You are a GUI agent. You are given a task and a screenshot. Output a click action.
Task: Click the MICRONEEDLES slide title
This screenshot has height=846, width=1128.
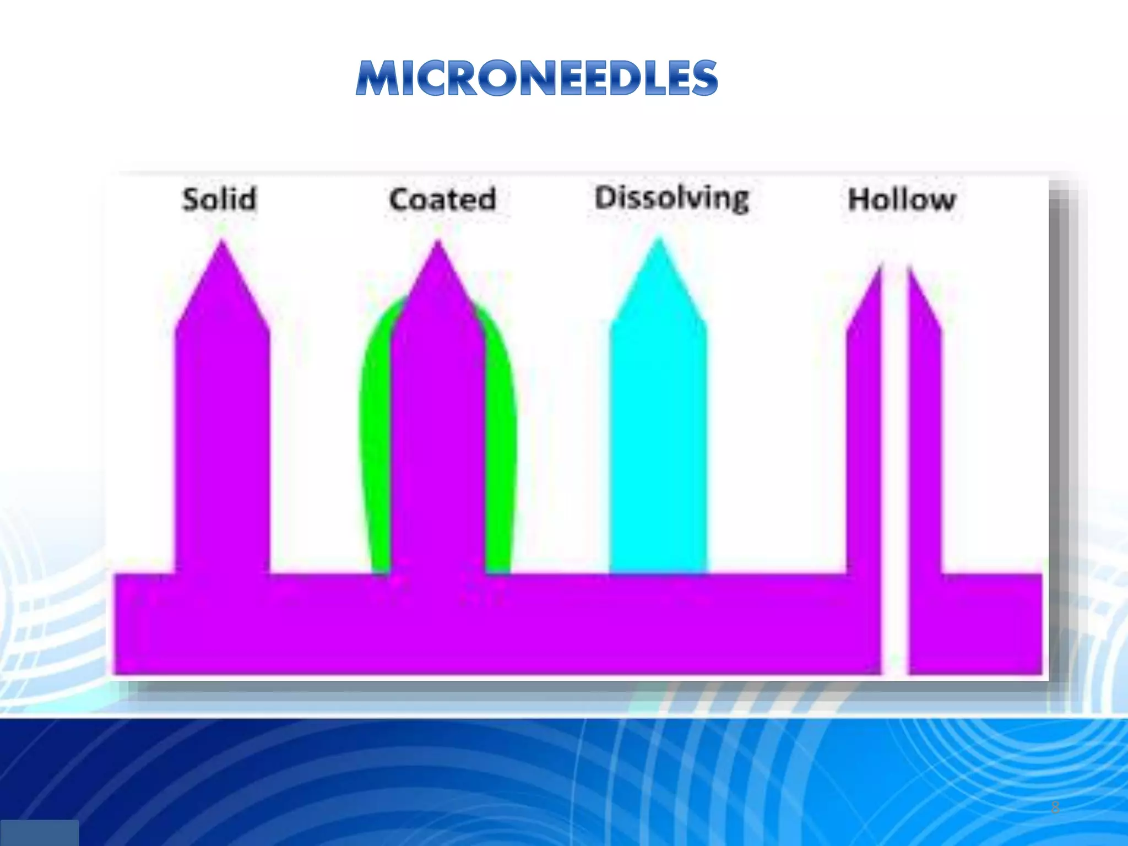[537, 78]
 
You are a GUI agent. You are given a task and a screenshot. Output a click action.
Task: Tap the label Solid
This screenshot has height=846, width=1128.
[219, 199]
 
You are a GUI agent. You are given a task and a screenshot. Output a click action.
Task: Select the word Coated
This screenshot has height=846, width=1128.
[442, 199]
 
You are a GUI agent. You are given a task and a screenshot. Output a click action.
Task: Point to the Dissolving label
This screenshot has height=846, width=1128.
[672, 198]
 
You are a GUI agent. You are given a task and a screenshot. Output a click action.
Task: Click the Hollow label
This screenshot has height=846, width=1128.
[902, 199]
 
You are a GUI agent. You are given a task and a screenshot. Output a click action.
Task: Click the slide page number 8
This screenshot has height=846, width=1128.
[1055, 807]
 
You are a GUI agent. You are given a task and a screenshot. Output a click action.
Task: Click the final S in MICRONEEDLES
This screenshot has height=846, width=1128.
[702, 78]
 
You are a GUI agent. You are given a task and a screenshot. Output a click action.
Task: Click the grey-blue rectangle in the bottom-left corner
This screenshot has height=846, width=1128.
[39, 832]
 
